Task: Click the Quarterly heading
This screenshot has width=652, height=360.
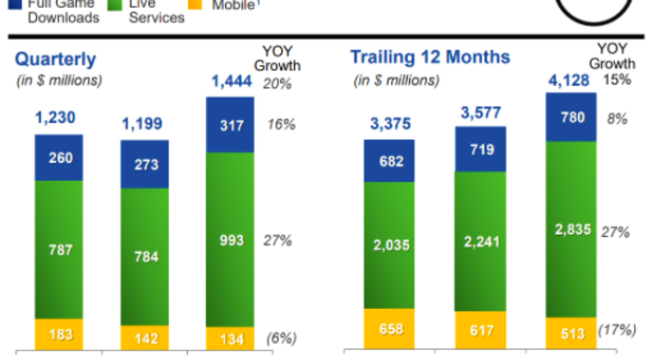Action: point(56,59)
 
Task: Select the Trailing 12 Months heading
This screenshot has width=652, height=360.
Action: point(431,57)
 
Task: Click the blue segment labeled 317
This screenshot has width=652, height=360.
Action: point(230,125)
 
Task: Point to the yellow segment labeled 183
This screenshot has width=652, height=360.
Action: point(58,335)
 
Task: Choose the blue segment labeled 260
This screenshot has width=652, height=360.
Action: point(58,158)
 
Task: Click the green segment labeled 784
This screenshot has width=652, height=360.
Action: point(145,256)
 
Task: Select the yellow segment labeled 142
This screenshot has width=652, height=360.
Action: point(145,337)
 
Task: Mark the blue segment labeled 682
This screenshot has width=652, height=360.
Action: point(390,161)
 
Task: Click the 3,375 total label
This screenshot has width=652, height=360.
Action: point(390,124)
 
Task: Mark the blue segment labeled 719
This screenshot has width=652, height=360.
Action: point(480,149)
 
